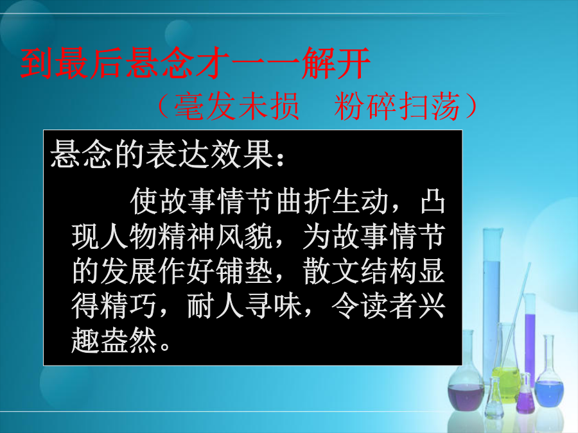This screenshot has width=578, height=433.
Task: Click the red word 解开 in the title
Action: tap(335, 64)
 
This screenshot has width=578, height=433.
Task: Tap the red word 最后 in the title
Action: tap(89, 64)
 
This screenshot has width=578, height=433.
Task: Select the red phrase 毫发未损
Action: tap(236, 106)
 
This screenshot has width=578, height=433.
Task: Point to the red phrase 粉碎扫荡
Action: tap(397, 106)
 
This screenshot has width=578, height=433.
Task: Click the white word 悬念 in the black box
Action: tap(81, 154)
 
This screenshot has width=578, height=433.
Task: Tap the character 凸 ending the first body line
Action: tap(433, 202)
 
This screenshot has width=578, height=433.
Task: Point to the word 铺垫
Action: tap(244, 271)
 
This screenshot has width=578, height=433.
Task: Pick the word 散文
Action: tap(331, 271)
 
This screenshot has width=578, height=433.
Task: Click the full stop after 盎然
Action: tap(165, 346)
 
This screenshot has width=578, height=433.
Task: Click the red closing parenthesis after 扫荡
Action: tap(471, 106)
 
